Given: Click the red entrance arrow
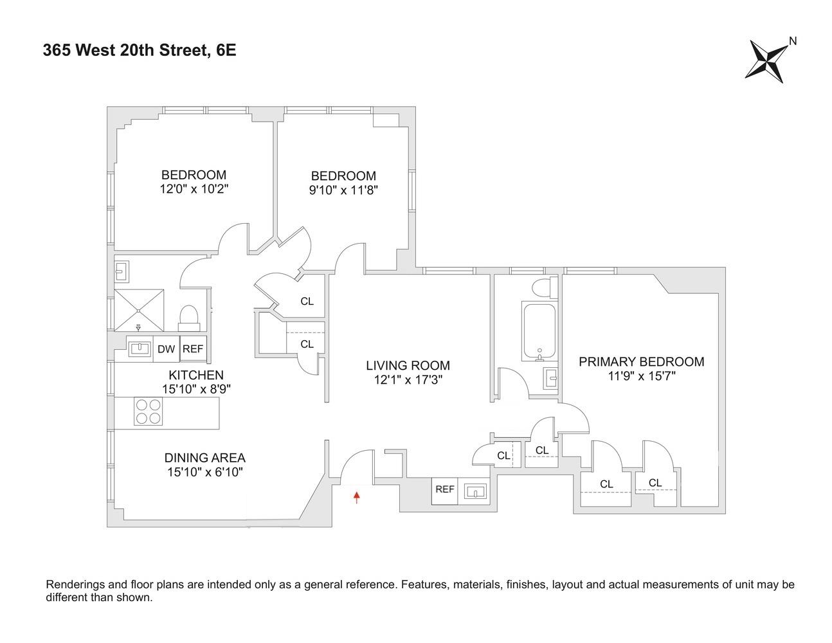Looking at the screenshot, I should point(357,496).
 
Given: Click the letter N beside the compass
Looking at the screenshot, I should point(793,41).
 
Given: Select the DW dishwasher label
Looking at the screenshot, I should point(166,349).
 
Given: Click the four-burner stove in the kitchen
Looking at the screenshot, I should point(148,412).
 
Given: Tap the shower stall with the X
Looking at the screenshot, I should point(139,311).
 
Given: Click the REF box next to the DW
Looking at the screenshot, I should point(193,349).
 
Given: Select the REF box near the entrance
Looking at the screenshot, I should point(444,490).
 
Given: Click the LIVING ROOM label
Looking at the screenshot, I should point(408,365).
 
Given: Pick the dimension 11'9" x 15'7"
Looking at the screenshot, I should point(641,376).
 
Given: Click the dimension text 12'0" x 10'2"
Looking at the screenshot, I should point(194,189).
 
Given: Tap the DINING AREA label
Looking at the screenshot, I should point(204,458).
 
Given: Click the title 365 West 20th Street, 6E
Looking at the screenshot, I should point(140,50).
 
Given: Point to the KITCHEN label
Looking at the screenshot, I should point(196,375).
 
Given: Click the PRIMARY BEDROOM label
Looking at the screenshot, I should point(641,361).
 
